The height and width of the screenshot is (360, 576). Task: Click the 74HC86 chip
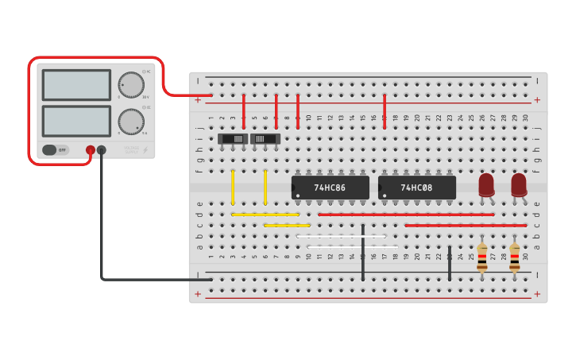tap(330, 188)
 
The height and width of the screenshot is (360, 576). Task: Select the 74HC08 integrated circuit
tap(416, 188)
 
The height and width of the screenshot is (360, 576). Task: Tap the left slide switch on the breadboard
tap(233, 139)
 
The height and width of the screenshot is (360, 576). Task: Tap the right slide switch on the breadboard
tap(265, 139)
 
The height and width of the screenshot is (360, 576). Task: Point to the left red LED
tap(486, 184)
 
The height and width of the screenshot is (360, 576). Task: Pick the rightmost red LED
tap(519, 184)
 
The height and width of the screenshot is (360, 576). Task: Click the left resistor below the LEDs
tap(482, 257)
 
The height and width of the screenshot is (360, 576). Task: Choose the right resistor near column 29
tap(515, 257)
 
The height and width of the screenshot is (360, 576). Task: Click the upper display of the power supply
tap(76, 85)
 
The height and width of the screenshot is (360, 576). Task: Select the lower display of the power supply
tap(76, 121)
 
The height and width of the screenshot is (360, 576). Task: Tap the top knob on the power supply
tap(131, 85)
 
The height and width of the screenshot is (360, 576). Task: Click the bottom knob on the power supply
tap(131, 122)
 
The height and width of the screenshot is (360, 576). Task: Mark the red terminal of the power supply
tap(91, 150)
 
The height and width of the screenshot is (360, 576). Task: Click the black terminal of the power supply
tap(102, 150)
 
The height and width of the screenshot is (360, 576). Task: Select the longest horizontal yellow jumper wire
tap(265, 215)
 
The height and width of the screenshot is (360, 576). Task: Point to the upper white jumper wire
tap(341, 236)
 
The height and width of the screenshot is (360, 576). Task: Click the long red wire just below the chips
tap(405, 215)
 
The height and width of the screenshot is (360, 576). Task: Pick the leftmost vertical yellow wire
tap(233, 188)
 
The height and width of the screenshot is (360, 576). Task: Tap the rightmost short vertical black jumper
tap(450, 263)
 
